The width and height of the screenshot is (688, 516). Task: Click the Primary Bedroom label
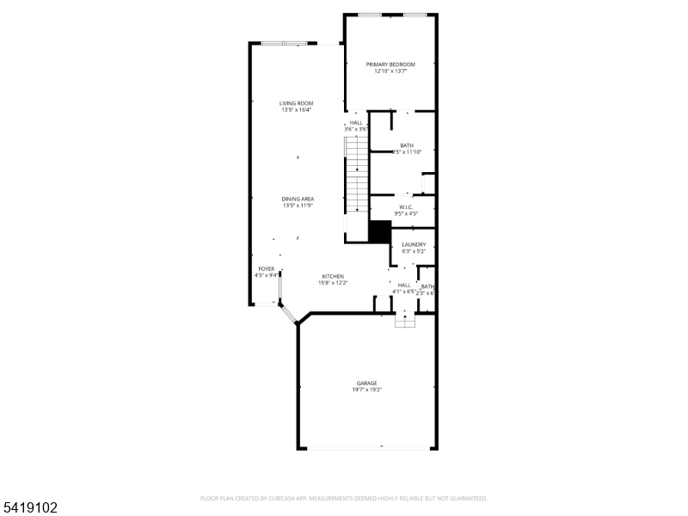click(x=390, y=64)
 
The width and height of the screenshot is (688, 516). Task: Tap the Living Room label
click(x=296, y=103)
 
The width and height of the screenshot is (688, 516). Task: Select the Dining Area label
click(x=297, y=199)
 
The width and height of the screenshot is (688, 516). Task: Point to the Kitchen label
click(x=333, y=276)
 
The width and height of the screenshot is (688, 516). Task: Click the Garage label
click(x=367, y=383)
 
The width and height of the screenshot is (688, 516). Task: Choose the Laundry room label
click(x=414, y=244)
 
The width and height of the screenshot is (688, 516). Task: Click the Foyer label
click(x=267, y=269)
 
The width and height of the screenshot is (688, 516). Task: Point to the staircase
click(x=357, y=176)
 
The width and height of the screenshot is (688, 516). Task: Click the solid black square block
click(x=380, y=230)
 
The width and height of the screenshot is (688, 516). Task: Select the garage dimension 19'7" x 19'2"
click(x=367, y=390)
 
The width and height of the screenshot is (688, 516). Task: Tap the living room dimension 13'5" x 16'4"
click(x=296, y=110)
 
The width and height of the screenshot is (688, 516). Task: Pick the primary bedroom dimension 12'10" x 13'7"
click(x=390, y=71)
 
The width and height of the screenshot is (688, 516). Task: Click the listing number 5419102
click(x=30, y=507)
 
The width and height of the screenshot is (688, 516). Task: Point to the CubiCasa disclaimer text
click(x=344, y=498)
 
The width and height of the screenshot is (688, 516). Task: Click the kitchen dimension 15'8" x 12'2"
click(x=333, y=283)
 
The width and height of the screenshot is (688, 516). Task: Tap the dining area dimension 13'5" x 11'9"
click(x=297, y=206)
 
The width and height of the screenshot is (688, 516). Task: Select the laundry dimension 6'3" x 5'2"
click(x=414, y=251)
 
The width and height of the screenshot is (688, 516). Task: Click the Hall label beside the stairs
click(x=356, y=122)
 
